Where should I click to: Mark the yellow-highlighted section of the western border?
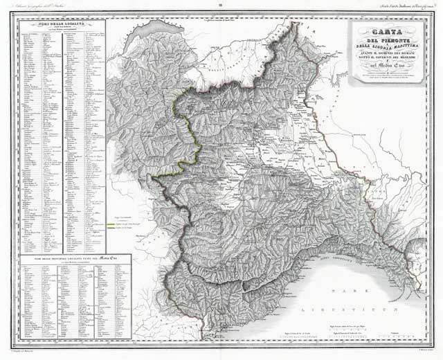tap(182, 104)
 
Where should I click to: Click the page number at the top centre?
tap(221, 6)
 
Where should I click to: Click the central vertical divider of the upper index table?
tap(62, 138)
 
